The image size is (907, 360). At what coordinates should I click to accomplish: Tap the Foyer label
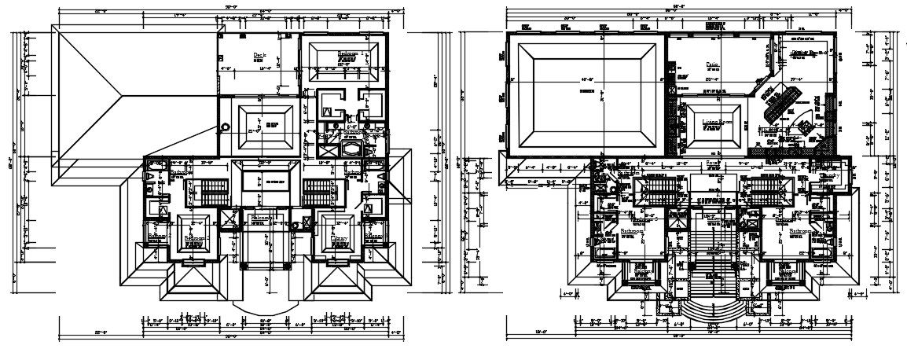click(x=713, y=164)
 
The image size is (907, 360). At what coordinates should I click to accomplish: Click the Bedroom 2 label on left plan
click(x=195, y=237)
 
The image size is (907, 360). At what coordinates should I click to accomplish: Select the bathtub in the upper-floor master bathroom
click(x=351, y=149)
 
